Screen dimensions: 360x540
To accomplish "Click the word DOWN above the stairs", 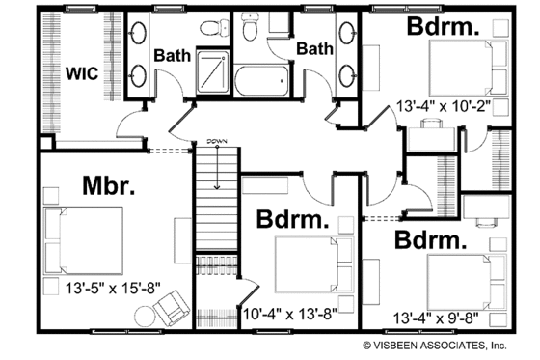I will click(x=216, y=143).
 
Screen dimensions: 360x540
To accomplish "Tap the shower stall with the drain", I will click(x=207, y=69).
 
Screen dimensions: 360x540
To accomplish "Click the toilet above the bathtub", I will click(x=250, y=32).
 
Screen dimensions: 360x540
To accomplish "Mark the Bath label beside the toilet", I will click(x=315, y=47).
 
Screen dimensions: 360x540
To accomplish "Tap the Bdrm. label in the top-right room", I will click(x=443, y=25).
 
